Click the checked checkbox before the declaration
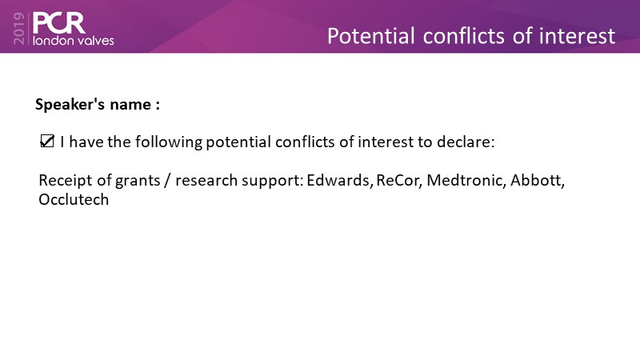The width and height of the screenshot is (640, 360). (x=47, y=142)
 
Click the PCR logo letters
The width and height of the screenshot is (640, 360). (x=58, y=23)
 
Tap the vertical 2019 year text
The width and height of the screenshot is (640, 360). (x=19, y=28)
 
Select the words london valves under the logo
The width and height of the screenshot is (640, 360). (x=74, y=41)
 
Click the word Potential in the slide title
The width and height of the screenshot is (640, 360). (x=371, y=36)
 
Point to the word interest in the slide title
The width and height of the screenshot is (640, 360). (x=577, y=36)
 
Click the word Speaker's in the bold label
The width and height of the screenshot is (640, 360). (x=70, y=105)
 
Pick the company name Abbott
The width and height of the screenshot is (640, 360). (x=537, y=180)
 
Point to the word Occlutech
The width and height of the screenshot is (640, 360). (x=74, y=199)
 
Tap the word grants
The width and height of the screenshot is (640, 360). (x=138, y=181)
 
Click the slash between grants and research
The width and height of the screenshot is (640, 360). (x=167, y=181)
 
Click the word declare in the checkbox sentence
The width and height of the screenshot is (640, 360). (x=466, y=142)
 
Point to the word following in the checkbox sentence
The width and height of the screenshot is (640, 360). (x=169, y=142)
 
